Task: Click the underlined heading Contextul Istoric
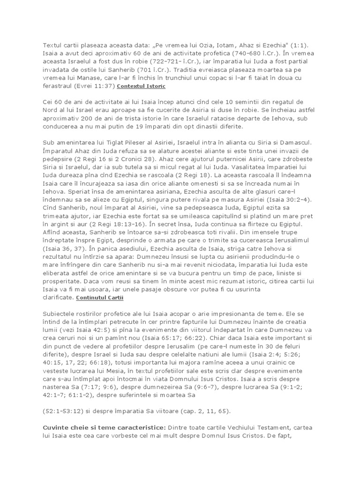tap(141, 87)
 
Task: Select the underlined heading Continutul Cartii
tap(97, 298)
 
